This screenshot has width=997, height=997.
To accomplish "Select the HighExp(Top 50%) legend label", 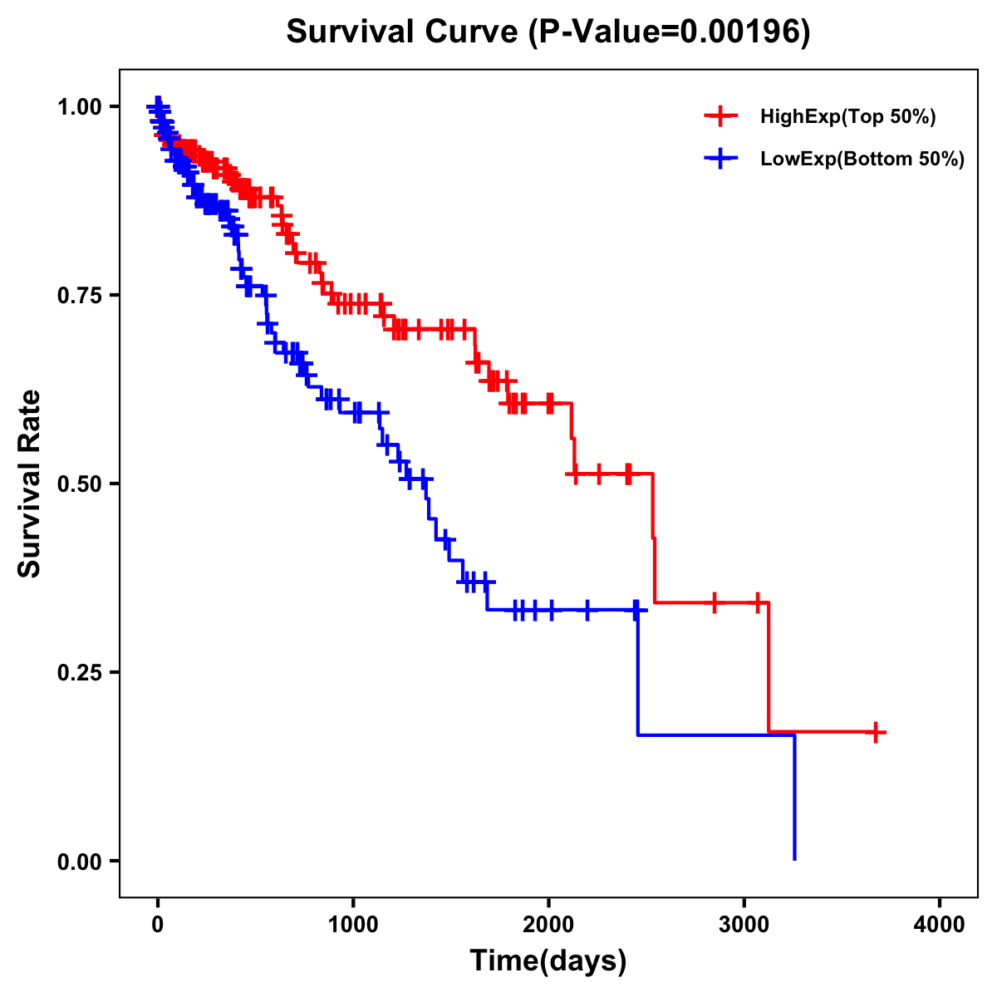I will click(847, 117).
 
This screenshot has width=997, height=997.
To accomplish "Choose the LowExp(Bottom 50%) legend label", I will click(862, 159).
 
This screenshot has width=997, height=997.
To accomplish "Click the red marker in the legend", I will click(720, 116).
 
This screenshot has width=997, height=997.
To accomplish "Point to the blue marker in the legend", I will click(720, 158).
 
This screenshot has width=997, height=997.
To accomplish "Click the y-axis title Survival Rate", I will click(30, 483).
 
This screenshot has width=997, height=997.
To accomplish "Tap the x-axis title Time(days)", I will click(548, 961).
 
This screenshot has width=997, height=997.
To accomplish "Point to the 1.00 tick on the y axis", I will click(79, 106).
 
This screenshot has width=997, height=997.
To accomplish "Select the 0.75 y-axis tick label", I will click(79, 295).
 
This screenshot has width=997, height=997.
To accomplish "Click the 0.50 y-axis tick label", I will click(79, 484).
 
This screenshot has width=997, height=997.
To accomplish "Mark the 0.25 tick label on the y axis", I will click(79, 672).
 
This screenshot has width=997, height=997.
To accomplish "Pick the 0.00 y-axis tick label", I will click(79, 861).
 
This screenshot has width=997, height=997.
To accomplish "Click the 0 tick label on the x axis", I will click(157, 925).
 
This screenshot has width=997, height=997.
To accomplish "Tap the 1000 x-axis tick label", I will click(353, 925).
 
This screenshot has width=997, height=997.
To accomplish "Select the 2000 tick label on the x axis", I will click(548, 925).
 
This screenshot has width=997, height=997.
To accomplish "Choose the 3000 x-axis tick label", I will click(744, 925).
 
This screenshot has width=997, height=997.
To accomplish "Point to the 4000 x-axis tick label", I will click(940, 925).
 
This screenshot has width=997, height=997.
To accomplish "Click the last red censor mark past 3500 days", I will click(876, 732).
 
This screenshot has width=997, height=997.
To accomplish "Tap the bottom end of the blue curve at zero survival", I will click(794, 858).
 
